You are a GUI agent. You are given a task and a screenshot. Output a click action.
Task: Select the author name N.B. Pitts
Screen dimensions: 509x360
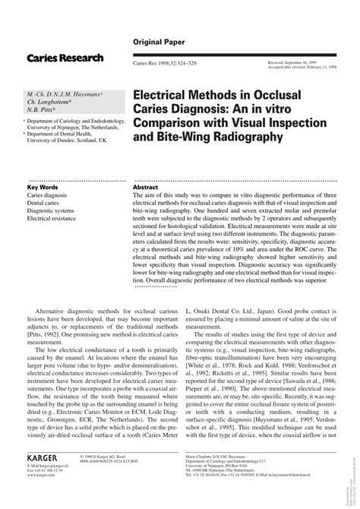[45, 109]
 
